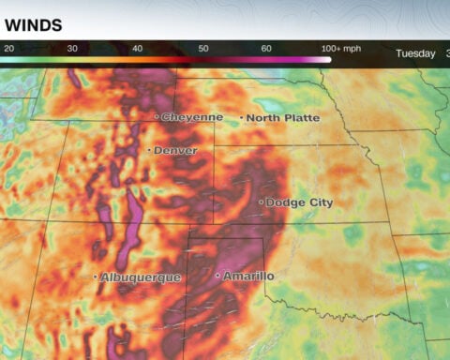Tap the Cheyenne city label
pos(192,117)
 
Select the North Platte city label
pos(283,118)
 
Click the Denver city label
pos(175,150)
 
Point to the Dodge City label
pos(299,202)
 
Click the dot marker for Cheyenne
pos(157,117)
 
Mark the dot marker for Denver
pos(149,150)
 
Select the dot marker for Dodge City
pos(261,202)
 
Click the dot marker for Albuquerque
pos(96,277)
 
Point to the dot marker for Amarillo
pos(217,276)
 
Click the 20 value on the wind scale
pos(8,48)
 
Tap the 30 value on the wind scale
pos(72,48)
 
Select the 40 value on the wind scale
pos(137,48)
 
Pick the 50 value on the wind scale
pos(202,48)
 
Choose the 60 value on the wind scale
pos(265,48)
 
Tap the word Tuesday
pos(415,53)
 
